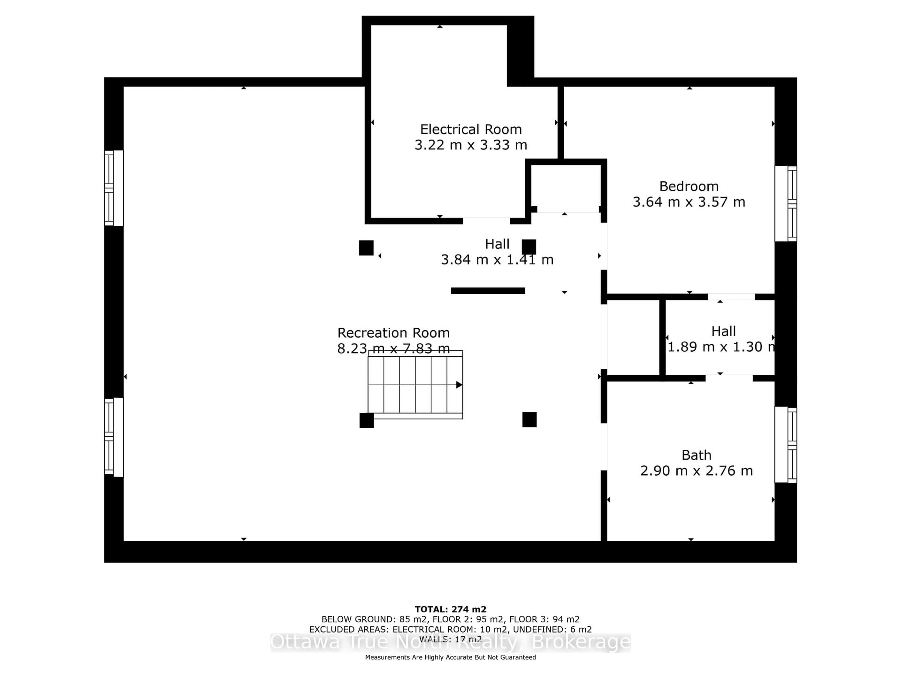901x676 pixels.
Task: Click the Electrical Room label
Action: click(471, 130)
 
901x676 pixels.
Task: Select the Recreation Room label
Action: click(393, 333)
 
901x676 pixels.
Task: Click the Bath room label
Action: click(697, 455)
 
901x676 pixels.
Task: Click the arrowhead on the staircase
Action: click(459, 385)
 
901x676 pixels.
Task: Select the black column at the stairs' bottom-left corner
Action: click(367, 420)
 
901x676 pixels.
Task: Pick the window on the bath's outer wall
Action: click(786, 445)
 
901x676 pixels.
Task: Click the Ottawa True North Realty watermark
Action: click(450, 643)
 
